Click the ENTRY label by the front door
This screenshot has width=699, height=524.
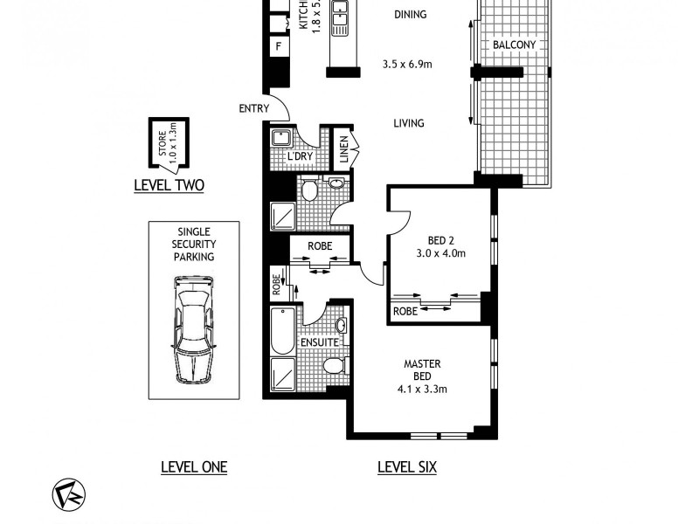tap(253, 108)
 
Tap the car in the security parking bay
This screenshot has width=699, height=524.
tap(193, 327)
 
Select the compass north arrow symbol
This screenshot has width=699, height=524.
tap(64, 493)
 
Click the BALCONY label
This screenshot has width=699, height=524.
tap(514, 45)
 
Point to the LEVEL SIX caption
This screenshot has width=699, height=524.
tap(406, 467)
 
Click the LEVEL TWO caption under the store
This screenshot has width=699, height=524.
tap(168, 185)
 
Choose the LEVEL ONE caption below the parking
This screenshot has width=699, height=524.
tap(193, 467)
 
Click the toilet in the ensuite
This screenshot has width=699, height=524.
tap(333, 365)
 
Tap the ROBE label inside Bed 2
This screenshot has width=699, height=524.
tap(404, 311)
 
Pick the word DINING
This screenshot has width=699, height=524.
tap(410, 14)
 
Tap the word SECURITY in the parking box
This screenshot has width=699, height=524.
tap(193, 245)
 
